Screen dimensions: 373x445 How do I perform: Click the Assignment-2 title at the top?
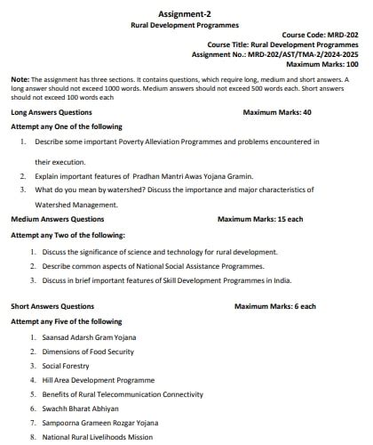pyautogui.click(x=186, y=14)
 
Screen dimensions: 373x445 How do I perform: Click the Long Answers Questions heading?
pyautogui.click(x=52, y=113)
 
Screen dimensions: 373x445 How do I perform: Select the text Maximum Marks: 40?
pyautogui.click(x=277, y=113)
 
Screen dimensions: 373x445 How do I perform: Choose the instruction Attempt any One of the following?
pyautogui.click(x=67, y=127)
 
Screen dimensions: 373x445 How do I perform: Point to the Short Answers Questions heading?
pyautogui.click(x=52, y=306)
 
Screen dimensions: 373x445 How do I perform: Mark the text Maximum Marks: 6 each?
pyautogui.click(x=275, y=306)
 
